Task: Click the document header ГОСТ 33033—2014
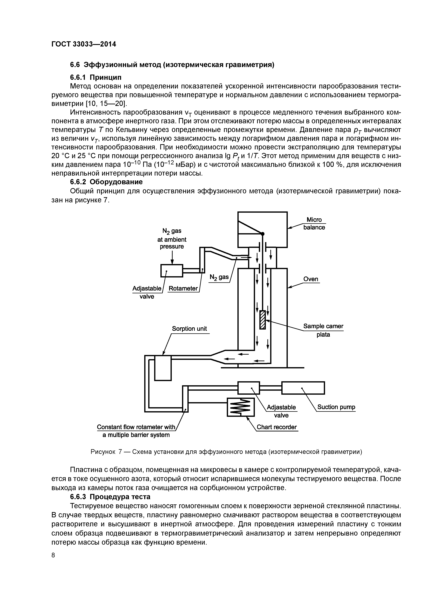click(x=84, y=44)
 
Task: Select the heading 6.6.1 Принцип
click(x=96, y=78)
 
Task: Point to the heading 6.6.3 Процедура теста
click(x=110, y=497)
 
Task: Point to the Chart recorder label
click(x=277, y=427)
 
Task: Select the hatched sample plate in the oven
click(x=263, y=320)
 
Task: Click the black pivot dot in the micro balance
click(x=263, y=234)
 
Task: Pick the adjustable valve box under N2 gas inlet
click(x=172, y=271)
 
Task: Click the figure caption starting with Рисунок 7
click(x=226, y=452)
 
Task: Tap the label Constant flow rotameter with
click(x=136, y=427)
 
